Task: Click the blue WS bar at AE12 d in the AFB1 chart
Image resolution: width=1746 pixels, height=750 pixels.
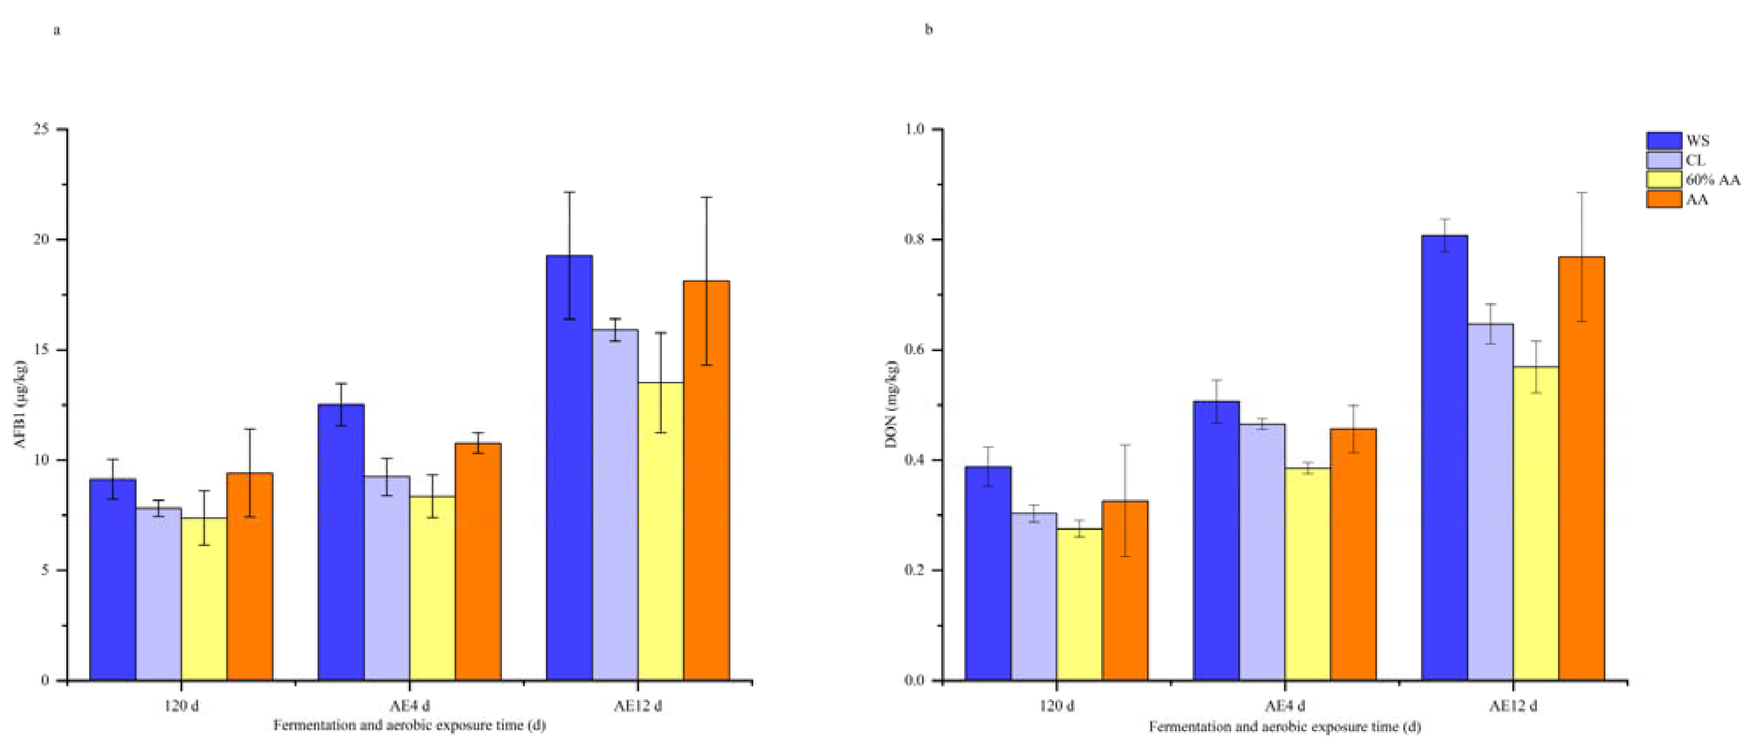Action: click(569, 468)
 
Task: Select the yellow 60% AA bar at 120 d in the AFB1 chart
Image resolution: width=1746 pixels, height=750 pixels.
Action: click(204, 599)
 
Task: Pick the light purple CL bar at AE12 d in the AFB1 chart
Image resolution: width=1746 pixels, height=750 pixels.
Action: click(615, 505)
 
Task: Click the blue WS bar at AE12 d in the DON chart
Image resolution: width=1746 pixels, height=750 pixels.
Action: click(1444, 457)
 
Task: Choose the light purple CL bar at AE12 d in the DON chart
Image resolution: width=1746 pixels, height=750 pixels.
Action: click(1490, 501)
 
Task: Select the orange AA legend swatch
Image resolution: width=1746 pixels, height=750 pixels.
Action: click(1664, 199)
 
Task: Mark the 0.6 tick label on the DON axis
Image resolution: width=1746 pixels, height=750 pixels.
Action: click(915, 350)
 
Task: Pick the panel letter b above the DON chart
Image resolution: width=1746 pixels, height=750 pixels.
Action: click(929, 30)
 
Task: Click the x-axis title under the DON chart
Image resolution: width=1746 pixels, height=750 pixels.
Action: click(1284, 727)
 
